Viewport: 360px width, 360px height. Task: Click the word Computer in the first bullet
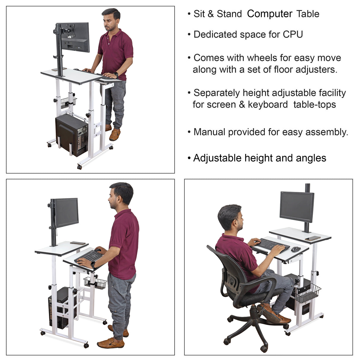click(x=270, y=14)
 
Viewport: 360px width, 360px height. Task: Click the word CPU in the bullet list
click(x=293, y=34)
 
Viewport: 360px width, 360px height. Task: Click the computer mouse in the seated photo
click(x=296, y=249)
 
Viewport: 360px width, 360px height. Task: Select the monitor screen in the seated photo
click(x=297, y=206)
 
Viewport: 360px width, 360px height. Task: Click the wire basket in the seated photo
click(x=308, y=293)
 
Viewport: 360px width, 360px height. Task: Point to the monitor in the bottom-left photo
click(x=66, y=212)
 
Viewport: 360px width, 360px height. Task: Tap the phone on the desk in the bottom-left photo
click(x=78, y=243)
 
